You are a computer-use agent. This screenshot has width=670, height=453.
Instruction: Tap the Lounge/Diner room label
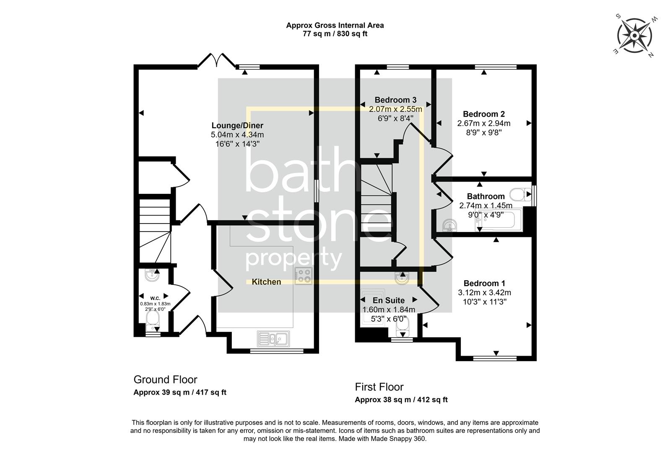pos(237,125)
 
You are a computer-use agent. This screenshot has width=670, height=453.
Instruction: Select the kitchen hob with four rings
pos(303,276)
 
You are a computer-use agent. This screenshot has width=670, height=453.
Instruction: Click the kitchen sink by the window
pos(273,338)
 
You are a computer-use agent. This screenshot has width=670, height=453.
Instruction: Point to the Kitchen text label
pos(266,282)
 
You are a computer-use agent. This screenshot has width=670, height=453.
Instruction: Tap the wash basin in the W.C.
pos(151,275)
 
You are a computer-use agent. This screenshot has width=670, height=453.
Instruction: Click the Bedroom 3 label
pos(395,100)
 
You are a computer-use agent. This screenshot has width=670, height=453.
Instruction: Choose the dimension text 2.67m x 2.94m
pos(483,123)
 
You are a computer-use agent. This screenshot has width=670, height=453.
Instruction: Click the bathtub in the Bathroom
pos(499,221)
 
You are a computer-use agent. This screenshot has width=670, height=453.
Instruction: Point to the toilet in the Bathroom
pos(520,195)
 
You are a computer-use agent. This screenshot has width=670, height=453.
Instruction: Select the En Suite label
pos(389,300)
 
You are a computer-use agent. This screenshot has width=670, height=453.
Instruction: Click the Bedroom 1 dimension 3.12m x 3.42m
pos(484,293)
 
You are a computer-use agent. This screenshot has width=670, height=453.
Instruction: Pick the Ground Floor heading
pos(165,380)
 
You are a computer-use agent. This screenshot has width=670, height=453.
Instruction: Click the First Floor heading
pos(379,387)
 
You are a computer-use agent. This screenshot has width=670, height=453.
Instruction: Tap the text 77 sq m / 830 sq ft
pos(335,34)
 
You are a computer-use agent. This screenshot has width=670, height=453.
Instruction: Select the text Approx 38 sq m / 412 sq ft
pos(401,400)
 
